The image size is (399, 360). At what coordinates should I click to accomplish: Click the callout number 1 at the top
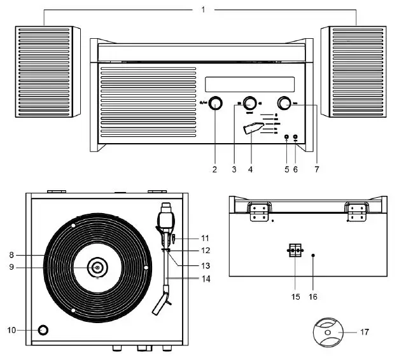click(x=203, y=10)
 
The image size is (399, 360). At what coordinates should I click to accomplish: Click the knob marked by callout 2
click(x=217, y=104)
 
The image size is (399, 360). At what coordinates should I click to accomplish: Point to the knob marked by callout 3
click(x=249, y=104)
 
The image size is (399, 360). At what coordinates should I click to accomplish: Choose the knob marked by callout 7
click(x=284, y=104)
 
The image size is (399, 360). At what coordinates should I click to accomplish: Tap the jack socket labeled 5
click(x=286, y=137)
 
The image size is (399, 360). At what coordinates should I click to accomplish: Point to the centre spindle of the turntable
click(x=97, y=268)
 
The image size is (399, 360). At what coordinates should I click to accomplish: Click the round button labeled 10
click(x=43, y=330)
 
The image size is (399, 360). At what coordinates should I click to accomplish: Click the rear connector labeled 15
click(x=294, y=251)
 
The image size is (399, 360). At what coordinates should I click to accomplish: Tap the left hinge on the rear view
click(x=258, y=212)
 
